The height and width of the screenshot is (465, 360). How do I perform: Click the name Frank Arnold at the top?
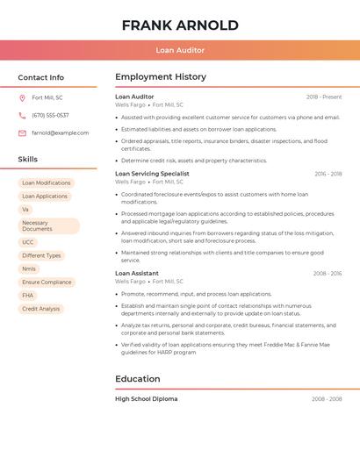[x=180, y=25]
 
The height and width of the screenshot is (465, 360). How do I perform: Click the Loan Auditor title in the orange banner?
[x=180, y=51]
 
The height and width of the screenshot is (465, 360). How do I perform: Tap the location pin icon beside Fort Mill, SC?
[x=22, y=97]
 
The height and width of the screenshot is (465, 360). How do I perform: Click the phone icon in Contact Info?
[x=22, y=115]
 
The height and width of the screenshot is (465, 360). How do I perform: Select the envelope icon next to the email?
[x=22, y=133]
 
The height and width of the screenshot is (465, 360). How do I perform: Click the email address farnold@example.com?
[x=60, y=133]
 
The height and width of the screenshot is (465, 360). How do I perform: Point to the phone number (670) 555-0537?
[x=50, y=115]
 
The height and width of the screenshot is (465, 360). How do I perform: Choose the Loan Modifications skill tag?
[x=47, y=183]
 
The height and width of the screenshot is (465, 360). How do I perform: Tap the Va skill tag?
[x=26, y=210]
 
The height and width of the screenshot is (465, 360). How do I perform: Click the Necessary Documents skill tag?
[x=48, y=226]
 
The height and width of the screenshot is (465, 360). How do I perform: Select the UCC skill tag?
[x=29, y=242]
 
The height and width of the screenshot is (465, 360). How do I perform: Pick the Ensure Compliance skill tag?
[x=47, y=283]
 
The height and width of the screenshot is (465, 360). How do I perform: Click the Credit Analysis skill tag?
[x=41, y=309]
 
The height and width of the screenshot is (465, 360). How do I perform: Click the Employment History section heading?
[x=161, y=77]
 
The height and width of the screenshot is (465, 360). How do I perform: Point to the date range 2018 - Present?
[x=324, y=97]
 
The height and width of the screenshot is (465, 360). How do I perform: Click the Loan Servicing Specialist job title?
[x=152, y=174]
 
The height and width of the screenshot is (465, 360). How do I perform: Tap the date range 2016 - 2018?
[x=328, y=174]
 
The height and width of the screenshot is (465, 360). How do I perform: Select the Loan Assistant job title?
[x=137, y=274]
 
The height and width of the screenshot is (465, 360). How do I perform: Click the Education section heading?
[x=138, y=379]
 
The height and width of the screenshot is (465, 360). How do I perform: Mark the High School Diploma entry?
[x=146, y=399]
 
